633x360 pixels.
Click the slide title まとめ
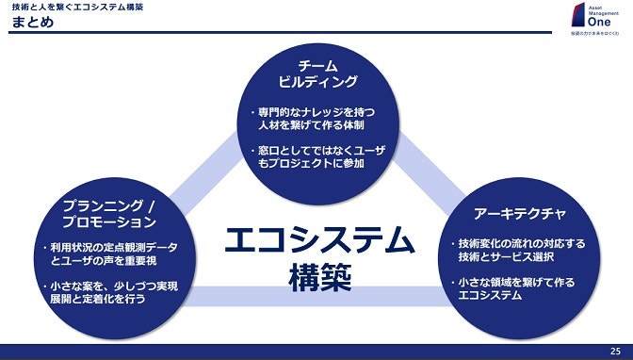[33, 22]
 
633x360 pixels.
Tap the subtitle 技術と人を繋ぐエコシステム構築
[74, 7]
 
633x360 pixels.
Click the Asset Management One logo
[591, 19]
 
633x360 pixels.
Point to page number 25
[615, 352]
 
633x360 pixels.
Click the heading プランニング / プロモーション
[108, 214]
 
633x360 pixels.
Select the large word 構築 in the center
[318, 278]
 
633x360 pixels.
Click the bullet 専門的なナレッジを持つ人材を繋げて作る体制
[313, 118]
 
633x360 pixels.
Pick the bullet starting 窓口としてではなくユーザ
[313, 156]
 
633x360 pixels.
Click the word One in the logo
[589, 28]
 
